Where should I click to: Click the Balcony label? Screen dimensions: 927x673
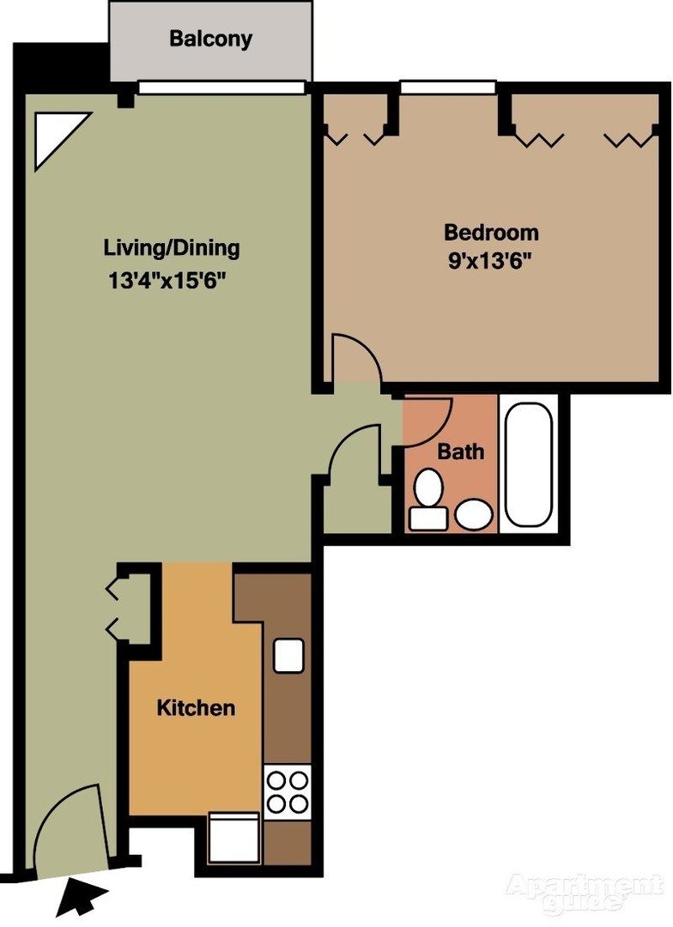tap(210, 39)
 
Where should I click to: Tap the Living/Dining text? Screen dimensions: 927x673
tap(172, 249)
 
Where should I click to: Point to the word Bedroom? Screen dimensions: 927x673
tap(491, 232)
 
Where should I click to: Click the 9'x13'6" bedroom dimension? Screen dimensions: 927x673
tap(491, 261)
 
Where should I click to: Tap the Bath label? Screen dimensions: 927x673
tap(461, 451)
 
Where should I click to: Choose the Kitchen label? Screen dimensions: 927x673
tap(196, 708)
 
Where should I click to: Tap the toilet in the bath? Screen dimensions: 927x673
tap(427, 498)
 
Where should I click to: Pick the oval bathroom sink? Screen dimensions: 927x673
tap(473, 516)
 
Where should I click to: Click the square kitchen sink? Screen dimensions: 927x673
tap(288, 656)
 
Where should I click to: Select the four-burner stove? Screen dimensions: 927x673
tap(288, 791)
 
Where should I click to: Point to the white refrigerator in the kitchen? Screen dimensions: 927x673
tap(233, 839)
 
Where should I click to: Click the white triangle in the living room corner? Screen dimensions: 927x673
tap(56, 135)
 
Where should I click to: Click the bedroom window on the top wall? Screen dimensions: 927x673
tap(447, 87)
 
